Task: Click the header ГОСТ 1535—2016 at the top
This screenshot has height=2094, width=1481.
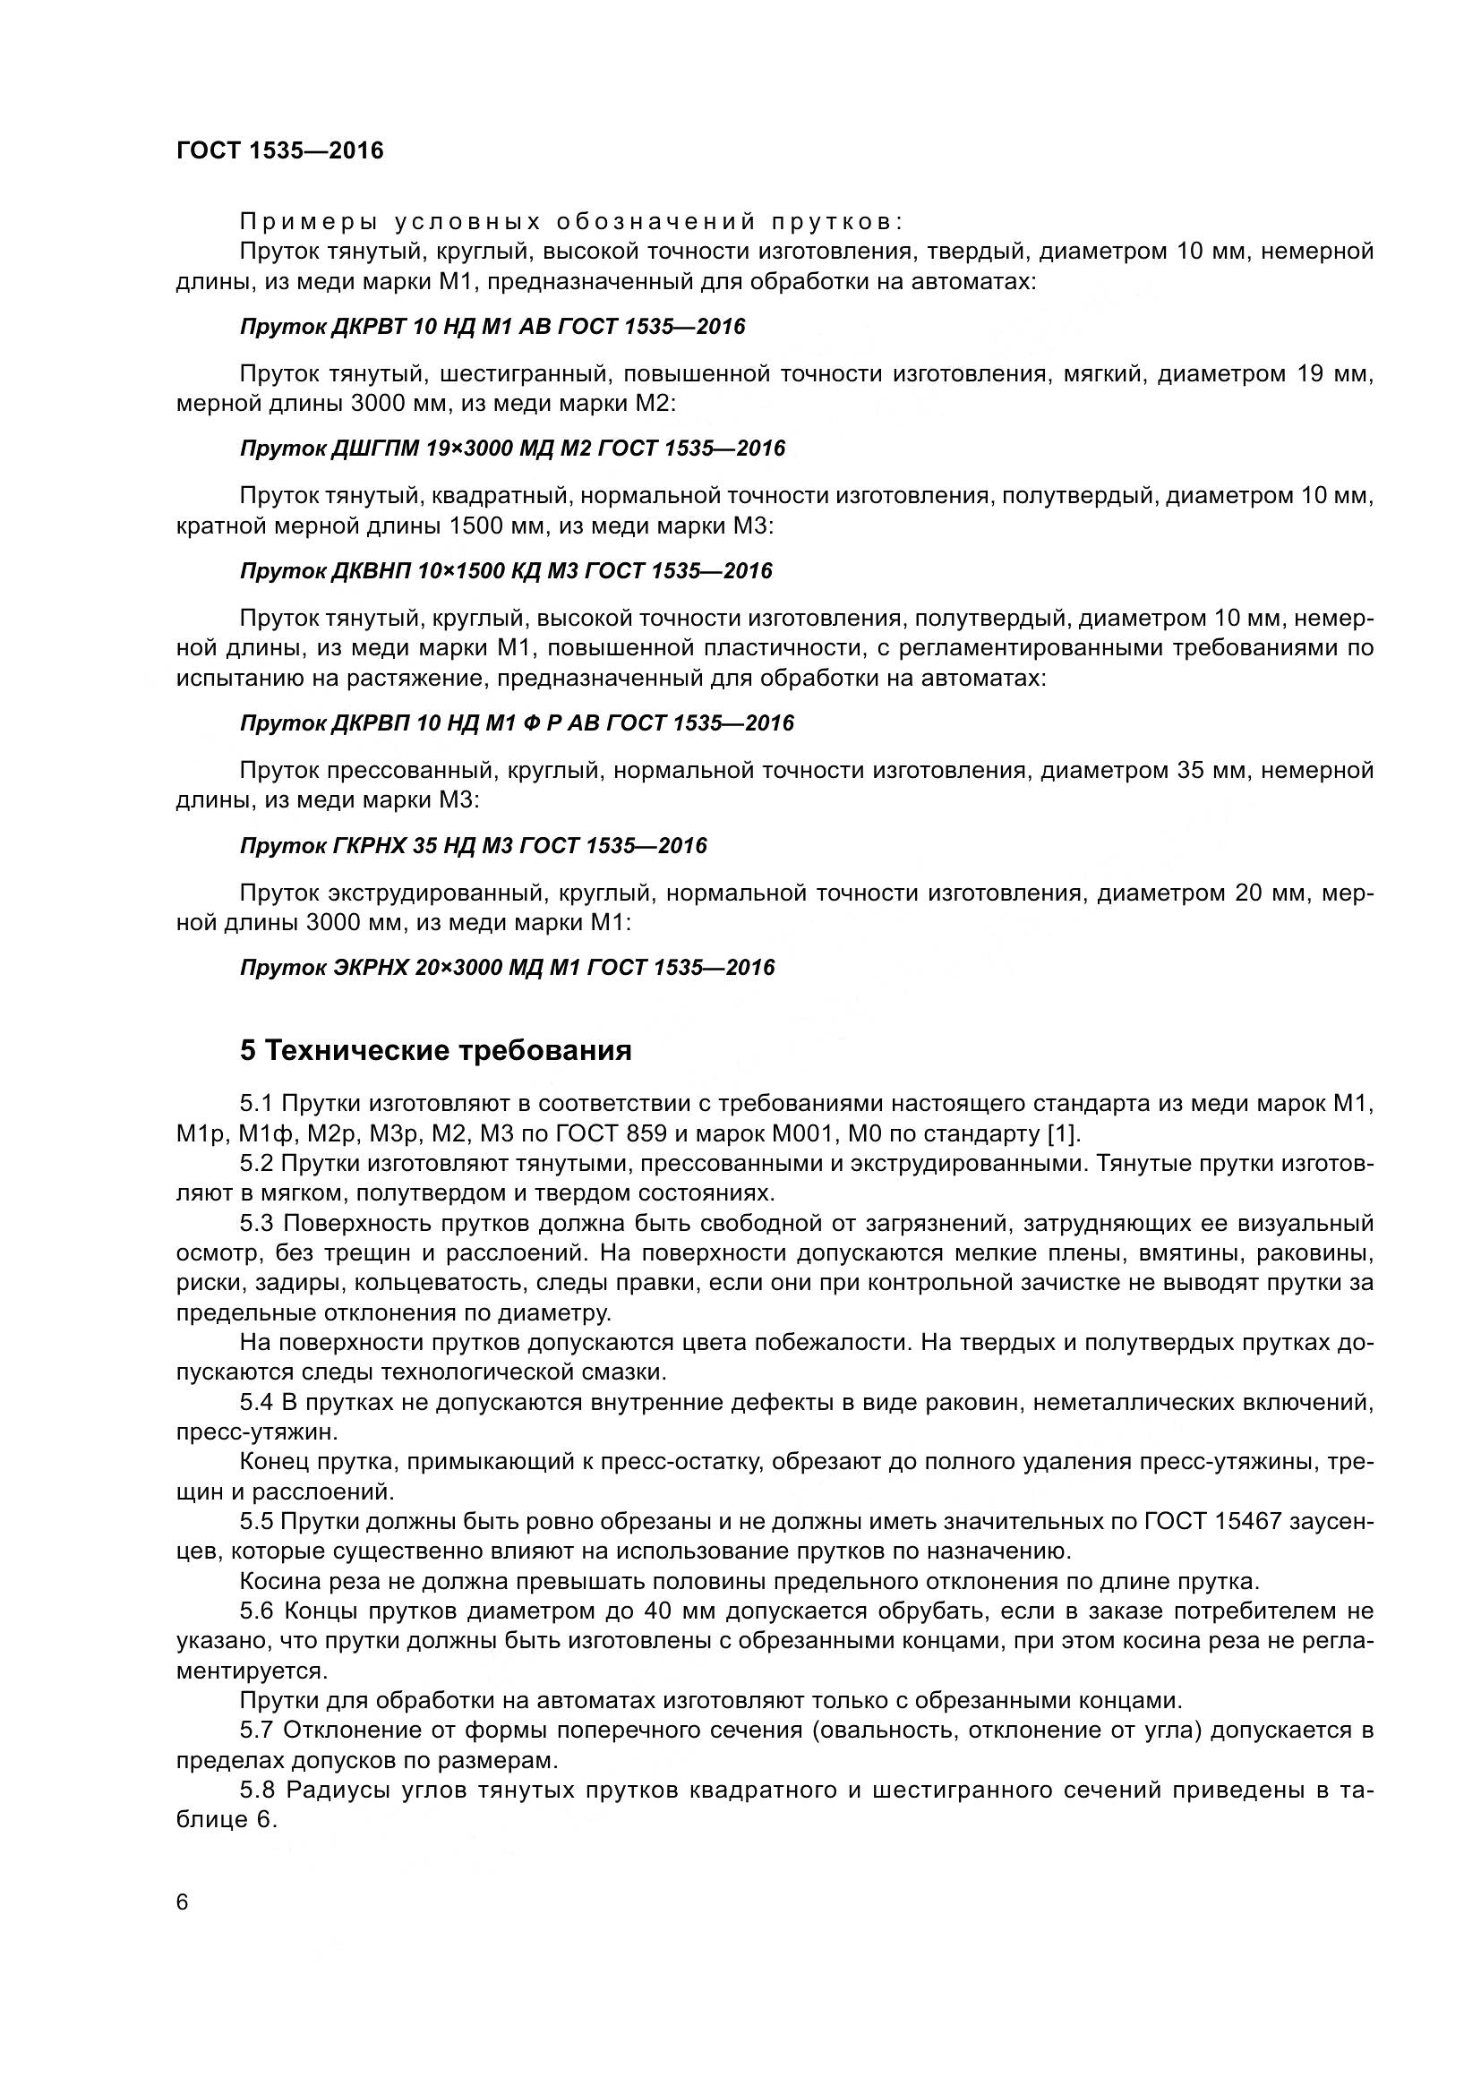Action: (279, 150)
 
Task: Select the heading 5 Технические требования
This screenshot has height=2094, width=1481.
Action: (435, 1051)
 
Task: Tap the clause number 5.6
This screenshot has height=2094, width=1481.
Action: (257, 1611)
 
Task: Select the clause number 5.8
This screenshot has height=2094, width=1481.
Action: (257, 1791)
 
